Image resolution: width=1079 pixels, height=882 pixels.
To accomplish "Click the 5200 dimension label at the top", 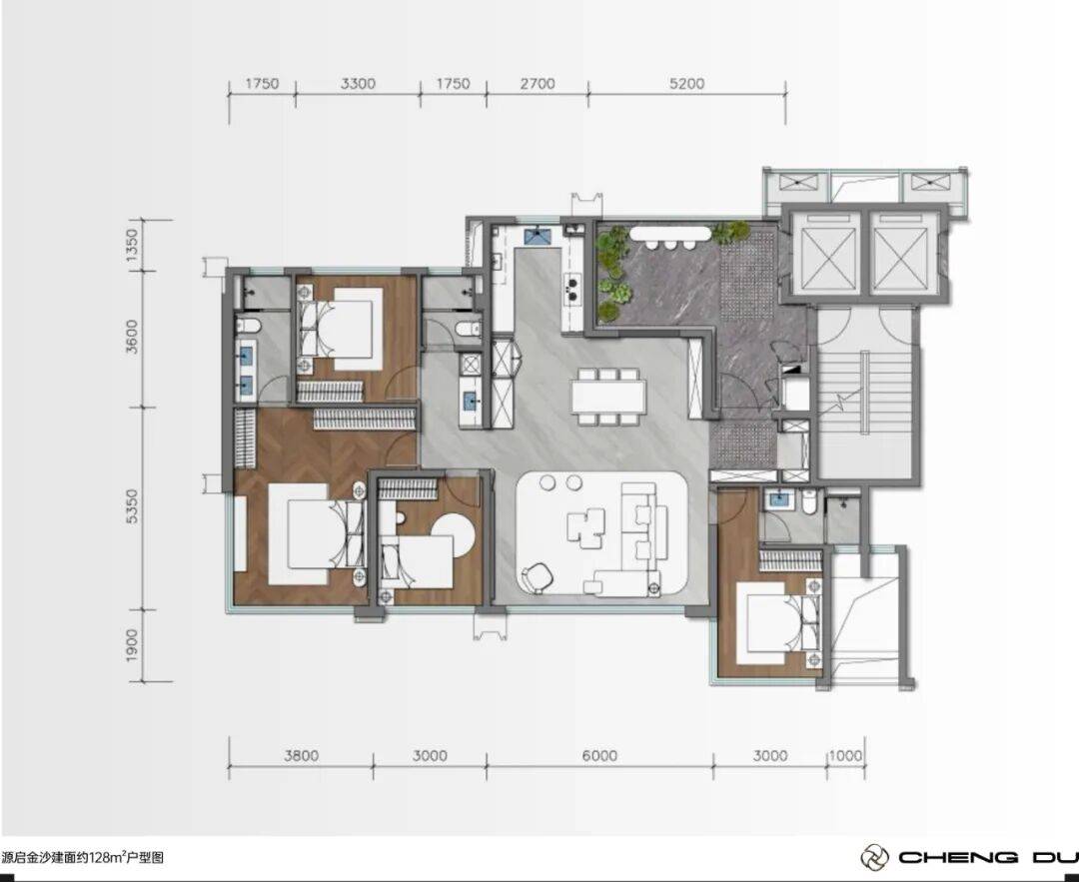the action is (686, 84).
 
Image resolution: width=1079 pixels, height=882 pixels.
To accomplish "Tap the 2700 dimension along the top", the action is (538, 84).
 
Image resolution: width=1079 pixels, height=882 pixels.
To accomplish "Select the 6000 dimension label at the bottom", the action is (599, 755).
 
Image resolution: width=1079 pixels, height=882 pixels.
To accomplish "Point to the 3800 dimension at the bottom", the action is (302, 755).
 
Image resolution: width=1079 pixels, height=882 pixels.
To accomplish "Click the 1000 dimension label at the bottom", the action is (846, 755).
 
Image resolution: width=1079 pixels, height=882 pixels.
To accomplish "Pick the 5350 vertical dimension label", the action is (132, 505).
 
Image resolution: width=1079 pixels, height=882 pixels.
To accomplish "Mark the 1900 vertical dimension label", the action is (132, 645).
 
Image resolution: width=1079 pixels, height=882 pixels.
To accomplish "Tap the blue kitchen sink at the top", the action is (539, 236).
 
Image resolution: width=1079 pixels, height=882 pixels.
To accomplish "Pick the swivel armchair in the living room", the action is (538, 576).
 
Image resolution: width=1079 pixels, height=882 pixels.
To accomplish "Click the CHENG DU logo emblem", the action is (874, 857).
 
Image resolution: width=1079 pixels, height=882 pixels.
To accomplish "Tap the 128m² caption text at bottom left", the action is (83, 857).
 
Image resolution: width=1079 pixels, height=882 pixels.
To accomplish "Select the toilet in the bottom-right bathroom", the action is (810, 501).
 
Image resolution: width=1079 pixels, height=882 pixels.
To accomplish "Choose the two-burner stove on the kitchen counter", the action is (571, 288).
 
